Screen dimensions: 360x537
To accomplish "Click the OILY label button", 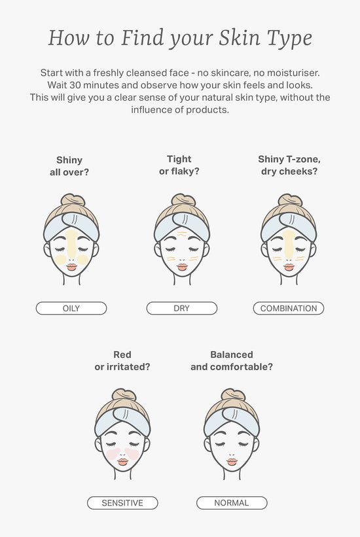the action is [71, 308].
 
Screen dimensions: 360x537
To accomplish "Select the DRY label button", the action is [182, 308].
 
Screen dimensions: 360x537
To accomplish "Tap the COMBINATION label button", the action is [289, 308].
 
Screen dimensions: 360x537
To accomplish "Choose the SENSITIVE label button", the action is [122, 503].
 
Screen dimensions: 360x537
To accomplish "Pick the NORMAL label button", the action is [232, 503].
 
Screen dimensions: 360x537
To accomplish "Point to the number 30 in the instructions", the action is [75, 85].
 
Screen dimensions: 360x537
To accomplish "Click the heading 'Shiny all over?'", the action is [69, 166].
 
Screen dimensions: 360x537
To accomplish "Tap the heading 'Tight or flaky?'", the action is [179, 165].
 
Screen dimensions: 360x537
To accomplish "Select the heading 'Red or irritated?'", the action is [122, 360].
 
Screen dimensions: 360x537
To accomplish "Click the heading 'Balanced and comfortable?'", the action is [232, 360].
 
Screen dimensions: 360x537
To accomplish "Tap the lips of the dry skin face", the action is [182, 267].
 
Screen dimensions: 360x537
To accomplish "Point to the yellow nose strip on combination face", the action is [289, 245].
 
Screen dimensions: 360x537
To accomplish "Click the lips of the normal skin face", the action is [232, 462].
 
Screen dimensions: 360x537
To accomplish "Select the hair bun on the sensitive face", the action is [124, 394].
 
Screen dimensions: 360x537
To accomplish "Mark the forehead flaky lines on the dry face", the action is [182, 234].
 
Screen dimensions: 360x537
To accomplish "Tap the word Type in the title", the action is [290, 39].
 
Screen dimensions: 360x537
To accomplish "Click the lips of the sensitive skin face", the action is [123, 462].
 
